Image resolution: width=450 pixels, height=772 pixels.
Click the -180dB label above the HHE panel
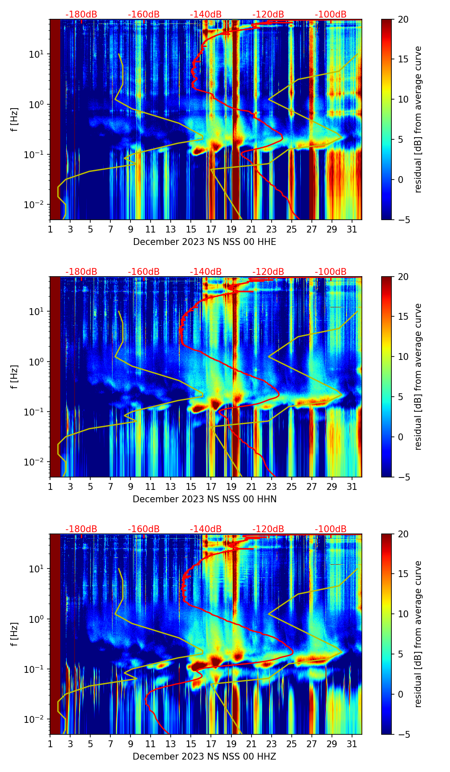tap(81, 15)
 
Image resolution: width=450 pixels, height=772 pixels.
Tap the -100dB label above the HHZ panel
tap(331, 529)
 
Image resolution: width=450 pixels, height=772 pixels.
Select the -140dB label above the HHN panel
tap(206, 272)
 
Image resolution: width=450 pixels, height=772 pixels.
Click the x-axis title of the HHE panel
tap(204, 242)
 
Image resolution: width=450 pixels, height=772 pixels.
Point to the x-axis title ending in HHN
tap(204, 499)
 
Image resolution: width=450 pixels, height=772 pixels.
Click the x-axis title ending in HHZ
tap(204, 757)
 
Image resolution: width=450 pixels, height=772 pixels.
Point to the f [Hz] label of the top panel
tap(15, 120)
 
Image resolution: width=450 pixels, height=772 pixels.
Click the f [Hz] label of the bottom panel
tap(15, 634)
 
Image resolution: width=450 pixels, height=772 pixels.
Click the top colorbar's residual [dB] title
tap(418, 120)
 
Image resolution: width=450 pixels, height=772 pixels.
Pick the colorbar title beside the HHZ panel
tap(418, 634)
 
